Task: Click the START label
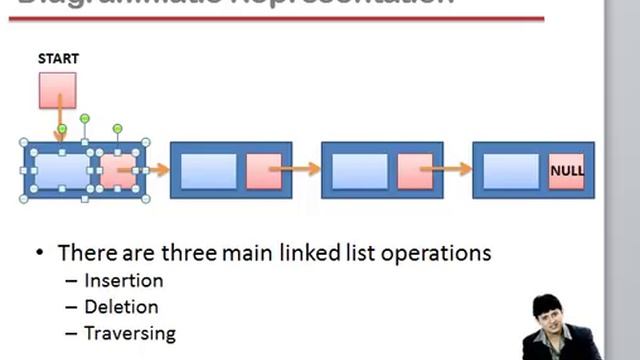pyautogui.click(x=58, y=59)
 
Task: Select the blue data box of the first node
pyautogui.click(x=62, y=171)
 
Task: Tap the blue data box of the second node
pyautogui.click(x=209, y=171)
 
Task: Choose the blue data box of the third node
pyautogui.click(x=359, y=171)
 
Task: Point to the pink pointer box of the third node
pyautogui.click(x=413, y=171)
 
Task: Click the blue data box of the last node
pyautogui.click(x=511, y=171)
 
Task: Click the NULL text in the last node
pyautogui.click(x=567, y=171)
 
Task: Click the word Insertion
pyautogui.click(x=123, y=281)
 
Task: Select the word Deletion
pyautogui.click(x=121, y=307)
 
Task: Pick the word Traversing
pyautogui.click(x=129, y=333)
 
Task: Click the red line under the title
pyautogui.click(x=280, y=18)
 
